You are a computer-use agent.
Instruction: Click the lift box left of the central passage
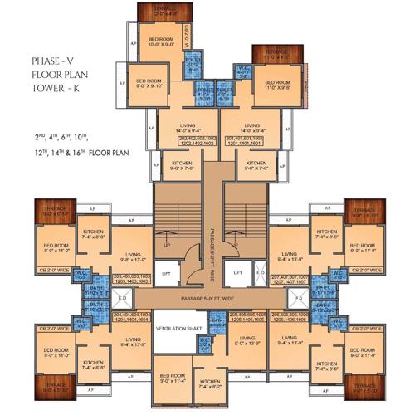coord(166,271)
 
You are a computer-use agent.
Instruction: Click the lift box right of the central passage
coord(237,271)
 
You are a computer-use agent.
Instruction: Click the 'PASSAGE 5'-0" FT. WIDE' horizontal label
coord(203,295)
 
